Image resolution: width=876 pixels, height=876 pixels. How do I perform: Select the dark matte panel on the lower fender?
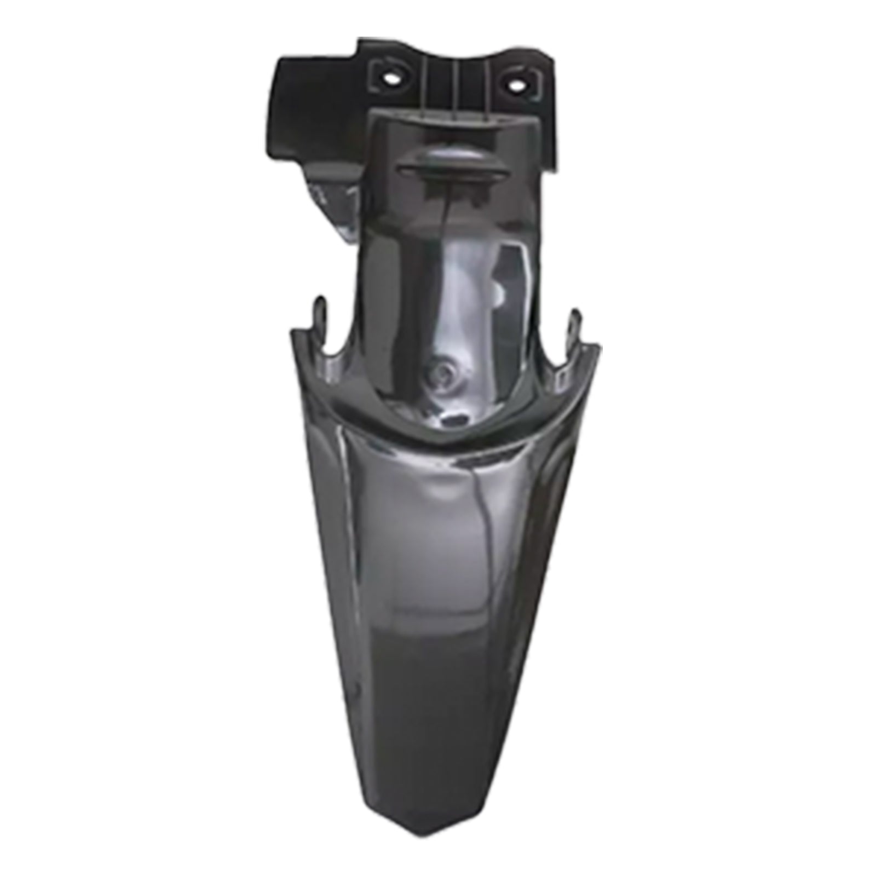pos(438,712)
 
